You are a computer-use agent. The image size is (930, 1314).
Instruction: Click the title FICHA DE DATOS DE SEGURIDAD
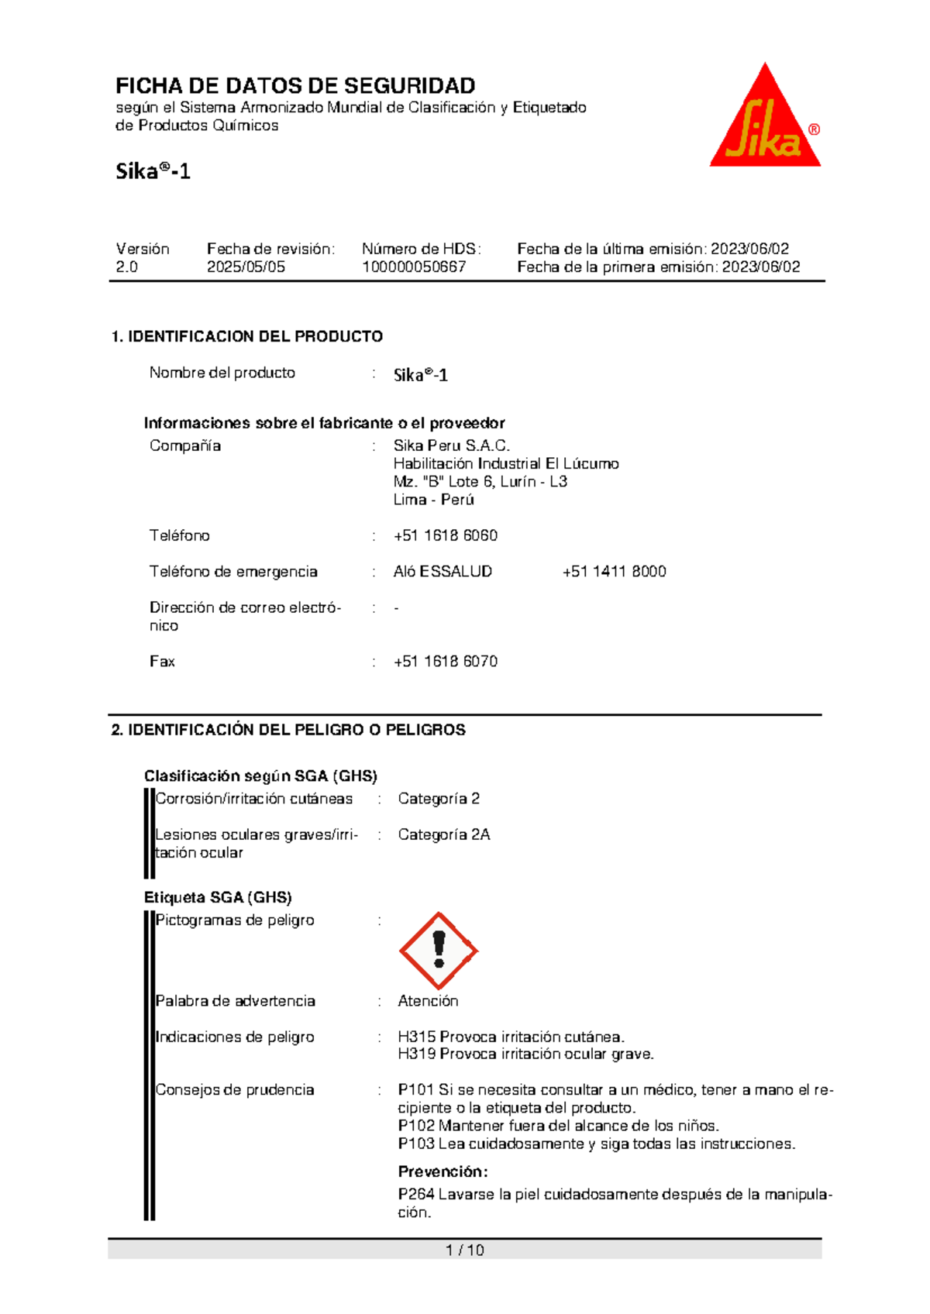[x=295, y=85]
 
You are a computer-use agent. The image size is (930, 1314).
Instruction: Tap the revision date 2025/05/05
[x=246, y=267]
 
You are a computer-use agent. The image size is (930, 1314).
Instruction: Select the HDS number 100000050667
[x=414, y=267]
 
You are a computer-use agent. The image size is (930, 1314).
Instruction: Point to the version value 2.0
[x=127, y=267]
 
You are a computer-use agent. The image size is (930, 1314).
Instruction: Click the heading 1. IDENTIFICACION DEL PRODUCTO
[x=247, y=336]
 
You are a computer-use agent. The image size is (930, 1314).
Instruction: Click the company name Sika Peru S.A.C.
[x=451, y=445]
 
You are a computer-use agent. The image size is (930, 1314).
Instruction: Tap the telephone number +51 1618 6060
[x=446, y=535]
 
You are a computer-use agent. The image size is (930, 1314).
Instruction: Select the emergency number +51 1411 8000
[x=614, y=572]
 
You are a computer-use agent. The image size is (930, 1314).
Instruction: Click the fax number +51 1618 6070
[x=446, y=662]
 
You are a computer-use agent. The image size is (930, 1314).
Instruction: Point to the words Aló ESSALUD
[x=443, y=572]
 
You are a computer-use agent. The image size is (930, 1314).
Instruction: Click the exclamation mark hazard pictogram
[x=439, y=951]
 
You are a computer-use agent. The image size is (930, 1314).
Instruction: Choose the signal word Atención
[x=428, y=1001]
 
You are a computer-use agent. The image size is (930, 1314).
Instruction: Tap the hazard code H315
[x=417, y=1037]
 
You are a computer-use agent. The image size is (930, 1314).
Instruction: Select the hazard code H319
[x=417, y=1054]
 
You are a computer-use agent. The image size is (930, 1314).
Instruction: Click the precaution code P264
[x=416, y=1195]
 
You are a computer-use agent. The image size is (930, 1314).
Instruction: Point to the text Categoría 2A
[x=444, y=834]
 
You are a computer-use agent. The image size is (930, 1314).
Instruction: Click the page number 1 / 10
[x=465, y=1250]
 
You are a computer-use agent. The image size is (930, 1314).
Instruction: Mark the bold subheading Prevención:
[x=443, y=1171]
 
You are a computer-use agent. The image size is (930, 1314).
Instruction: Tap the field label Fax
[x=162, y=662]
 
